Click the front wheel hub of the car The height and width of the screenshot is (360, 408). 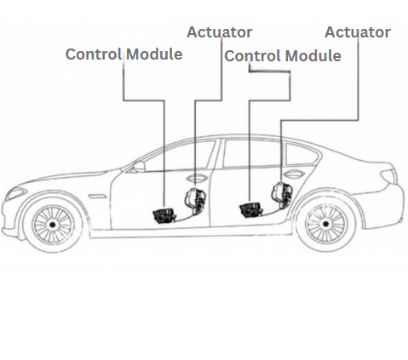[51, 224]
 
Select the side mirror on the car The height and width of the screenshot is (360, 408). [137, 164]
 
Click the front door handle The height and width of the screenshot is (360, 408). [197, 179]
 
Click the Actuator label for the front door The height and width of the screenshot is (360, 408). [220, 32]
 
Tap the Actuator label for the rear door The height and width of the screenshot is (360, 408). [358, 32]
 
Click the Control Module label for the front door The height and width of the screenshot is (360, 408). [124, 54]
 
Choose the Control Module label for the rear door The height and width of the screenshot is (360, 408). [282, 55]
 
